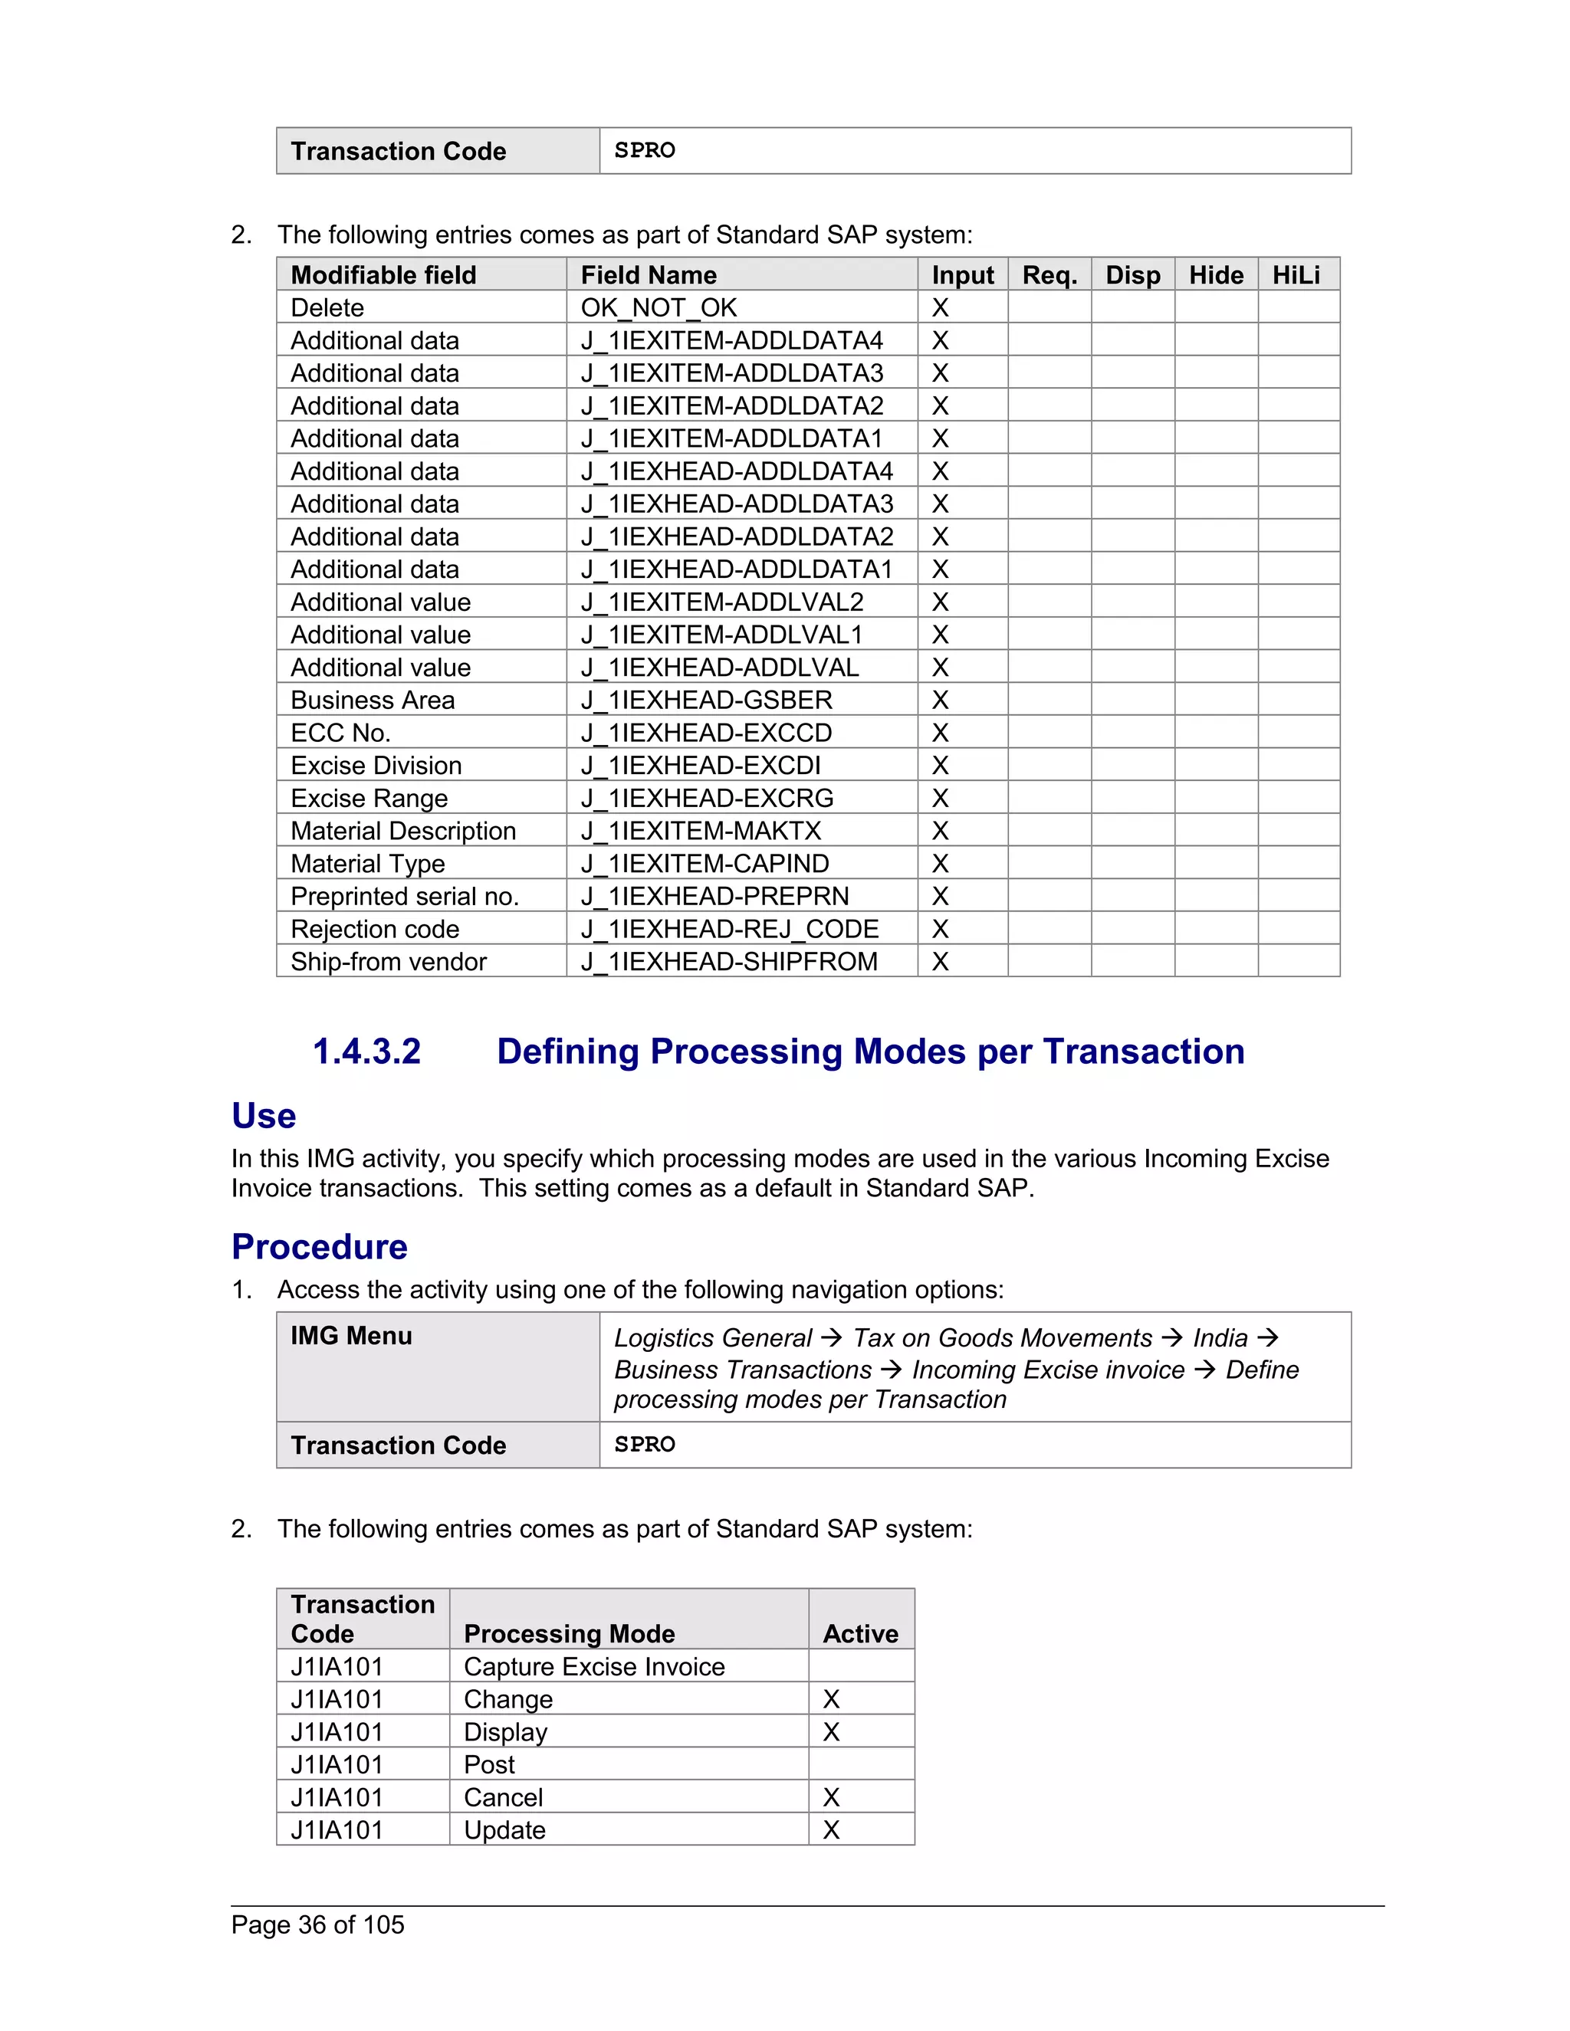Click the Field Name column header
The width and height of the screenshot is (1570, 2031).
point(649,275)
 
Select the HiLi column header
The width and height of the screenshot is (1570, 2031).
point(1296,275)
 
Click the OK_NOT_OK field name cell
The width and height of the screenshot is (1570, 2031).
point(659,308)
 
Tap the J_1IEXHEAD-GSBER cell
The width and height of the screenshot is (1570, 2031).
point(706,701)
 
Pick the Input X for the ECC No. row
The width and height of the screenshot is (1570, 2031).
point(941,733)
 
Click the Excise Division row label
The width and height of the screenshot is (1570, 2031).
point(376,766)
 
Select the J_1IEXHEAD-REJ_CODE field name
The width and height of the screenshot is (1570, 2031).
point(729,929)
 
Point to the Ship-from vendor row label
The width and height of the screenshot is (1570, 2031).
point(388,962)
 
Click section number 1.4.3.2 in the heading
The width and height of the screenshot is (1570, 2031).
point(366,1052)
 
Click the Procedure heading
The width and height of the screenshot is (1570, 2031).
point(319,1247)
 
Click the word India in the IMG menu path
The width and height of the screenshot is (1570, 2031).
point(1220,1338)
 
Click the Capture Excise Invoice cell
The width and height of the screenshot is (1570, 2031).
point(593,1666)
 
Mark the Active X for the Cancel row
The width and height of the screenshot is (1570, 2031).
point(832,1797)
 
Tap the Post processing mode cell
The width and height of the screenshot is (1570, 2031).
point(489,1765)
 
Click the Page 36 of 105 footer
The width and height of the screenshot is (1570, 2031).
point(317,1925)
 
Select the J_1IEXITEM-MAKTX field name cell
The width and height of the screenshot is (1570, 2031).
point(701,832)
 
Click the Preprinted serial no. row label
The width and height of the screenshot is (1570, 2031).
point(405,897)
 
